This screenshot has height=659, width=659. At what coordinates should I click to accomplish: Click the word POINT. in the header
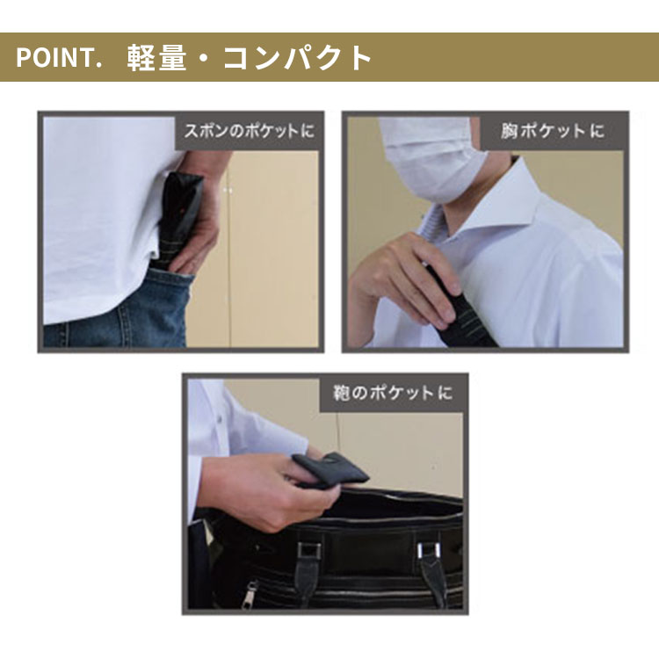click(60, 58)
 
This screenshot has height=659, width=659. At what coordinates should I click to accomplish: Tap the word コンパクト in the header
click(298, 58)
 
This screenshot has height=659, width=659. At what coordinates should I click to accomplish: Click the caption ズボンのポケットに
click(249, 132)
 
